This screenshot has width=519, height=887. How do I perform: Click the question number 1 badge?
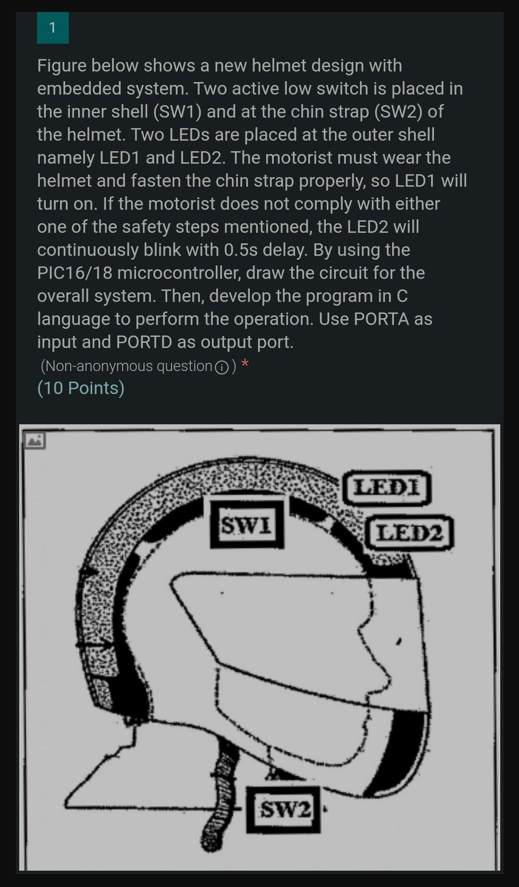click(52, 28)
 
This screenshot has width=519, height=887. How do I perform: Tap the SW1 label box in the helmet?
click(247, 525)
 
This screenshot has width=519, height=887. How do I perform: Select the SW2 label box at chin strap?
click(284, 810)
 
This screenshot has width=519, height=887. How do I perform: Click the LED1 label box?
click(387, 488)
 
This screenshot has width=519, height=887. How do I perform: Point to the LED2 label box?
click(409, 532)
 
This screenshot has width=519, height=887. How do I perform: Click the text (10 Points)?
click(81, 388)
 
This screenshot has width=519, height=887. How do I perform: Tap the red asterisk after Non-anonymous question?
click(245, 364)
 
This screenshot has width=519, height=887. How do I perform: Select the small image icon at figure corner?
click(35, 440)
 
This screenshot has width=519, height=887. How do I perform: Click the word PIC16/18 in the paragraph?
click(74, 273)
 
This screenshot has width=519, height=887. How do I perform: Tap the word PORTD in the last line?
click(144, 342)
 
